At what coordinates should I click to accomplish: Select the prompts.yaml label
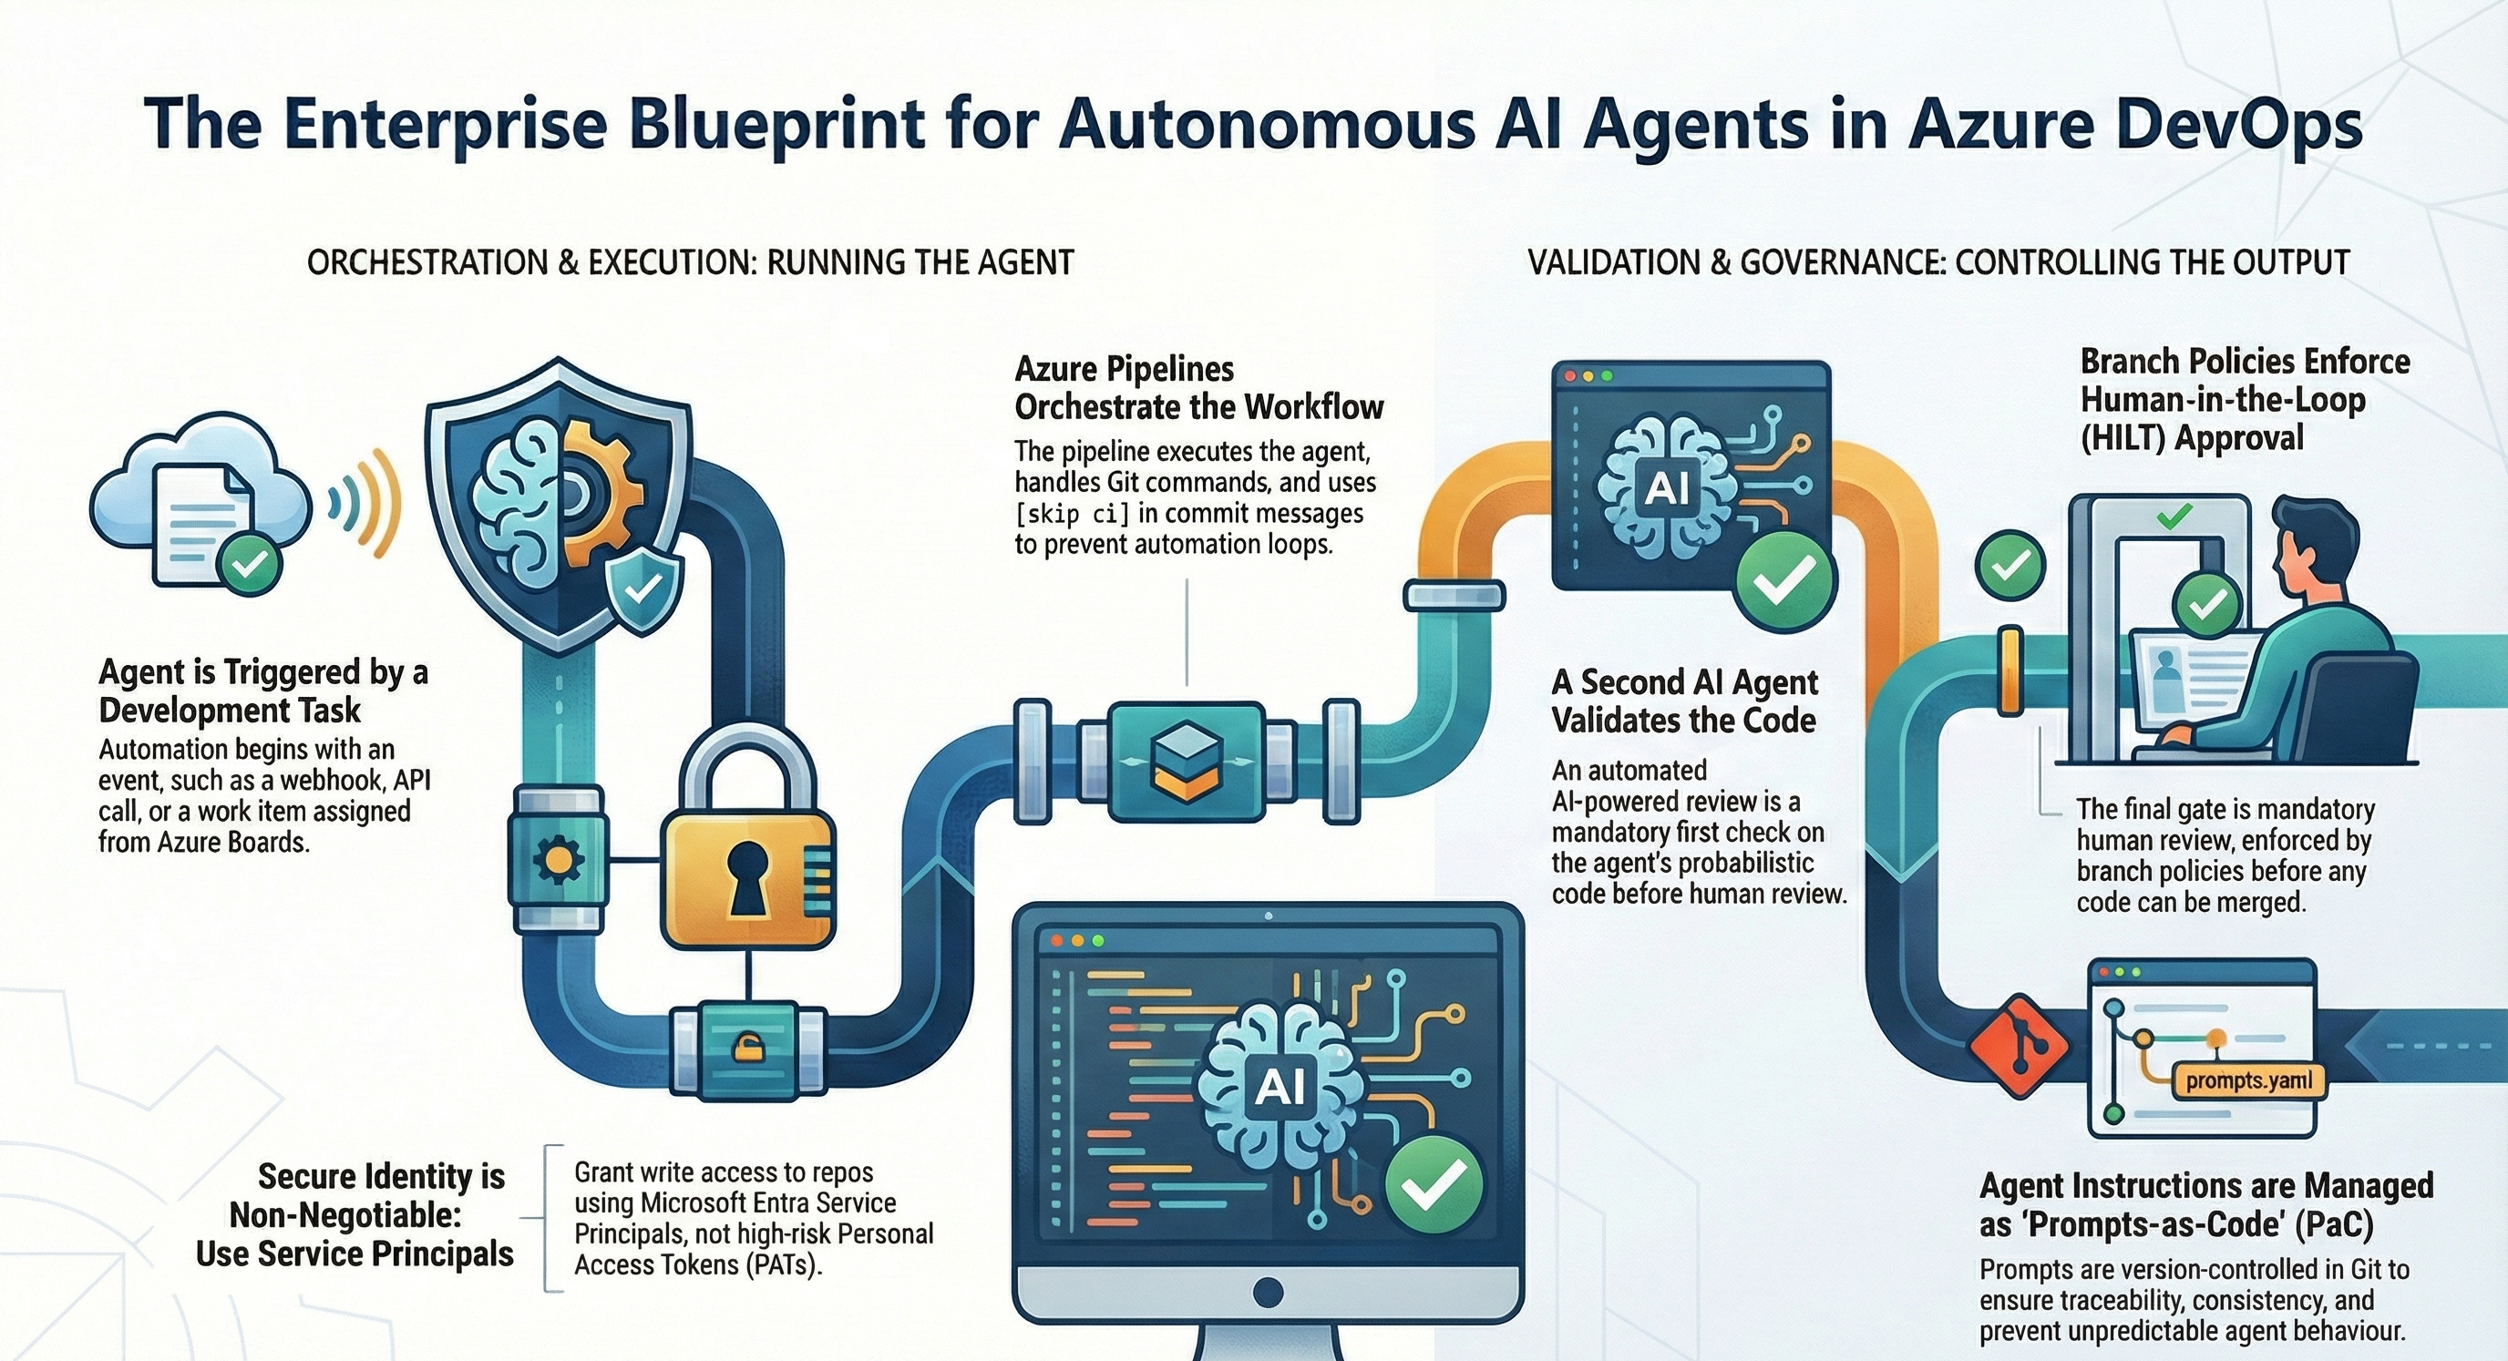[x=2247, y=1080]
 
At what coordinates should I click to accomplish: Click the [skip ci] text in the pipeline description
[x=1072, y=513]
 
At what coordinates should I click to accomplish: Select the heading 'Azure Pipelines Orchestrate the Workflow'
[x=1197, y=387]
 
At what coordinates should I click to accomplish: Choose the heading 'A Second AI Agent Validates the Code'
[x=1684, y=701]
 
